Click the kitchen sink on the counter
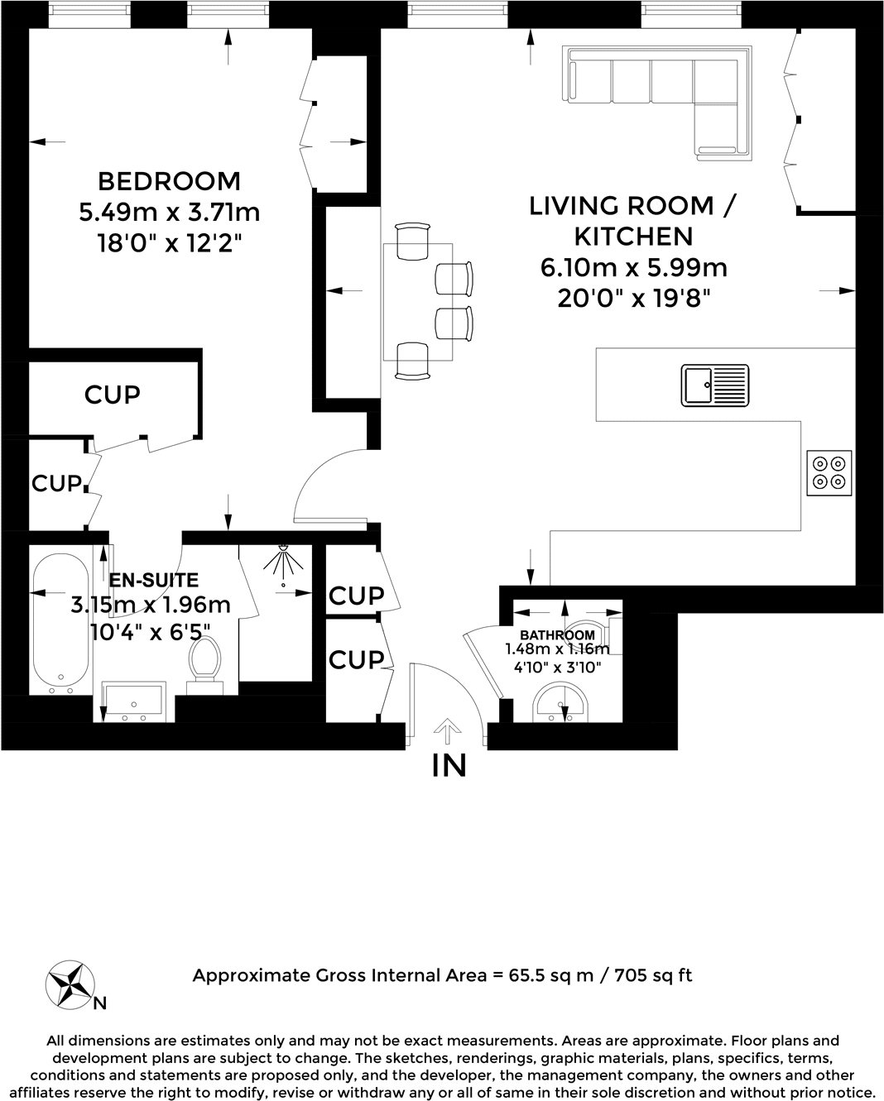(714, 385)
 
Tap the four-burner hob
(829, 472)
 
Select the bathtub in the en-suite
(61, 625)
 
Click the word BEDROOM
(169, 181)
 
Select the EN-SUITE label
(154, 580)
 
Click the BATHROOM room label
(557, 635)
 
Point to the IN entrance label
(449, 765)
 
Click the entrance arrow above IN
(447, 731)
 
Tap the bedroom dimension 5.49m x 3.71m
(170, 213)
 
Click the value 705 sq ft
(653, 975)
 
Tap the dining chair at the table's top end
(413, 241)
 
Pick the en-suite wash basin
(134, 701)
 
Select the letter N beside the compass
(100, 1003)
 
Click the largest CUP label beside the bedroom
(112, 395)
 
